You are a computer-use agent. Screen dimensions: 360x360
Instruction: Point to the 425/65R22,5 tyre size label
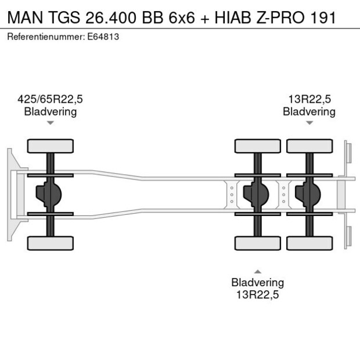click(50, 99)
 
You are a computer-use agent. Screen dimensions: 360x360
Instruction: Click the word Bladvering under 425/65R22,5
click(50, 111)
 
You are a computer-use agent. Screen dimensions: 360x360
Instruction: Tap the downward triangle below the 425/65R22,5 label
click(51, 123)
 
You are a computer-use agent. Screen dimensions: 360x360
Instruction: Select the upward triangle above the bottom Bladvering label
click(258, 271)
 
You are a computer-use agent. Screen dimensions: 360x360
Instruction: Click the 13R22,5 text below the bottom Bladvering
click(258, 294)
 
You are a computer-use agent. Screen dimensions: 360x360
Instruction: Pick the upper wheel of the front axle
click(51, 146)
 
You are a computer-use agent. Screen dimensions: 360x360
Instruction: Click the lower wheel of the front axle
click(51, 243)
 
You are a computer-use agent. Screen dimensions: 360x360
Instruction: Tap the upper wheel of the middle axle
click(257, 146)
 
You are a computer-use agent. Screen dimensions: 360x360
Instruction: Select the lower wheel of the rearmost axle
click(309, 243)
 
